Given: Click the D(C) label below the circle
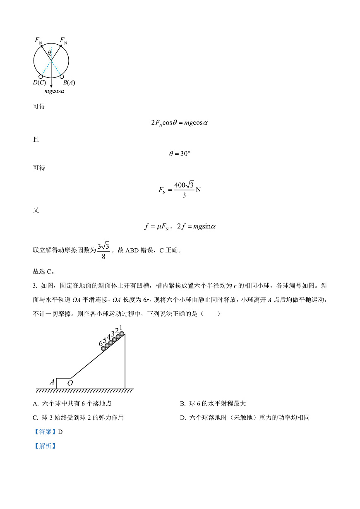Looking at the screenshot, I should coord(39,82).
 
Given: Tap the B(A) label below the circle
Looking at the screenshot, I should coord(68,82).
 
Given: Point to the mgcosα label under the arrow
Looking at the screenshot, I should coord(55,91).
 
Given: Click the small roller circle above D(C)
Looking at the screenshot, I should coord(41,77).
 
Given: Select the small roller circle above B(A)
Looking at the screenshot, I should coord(62,77).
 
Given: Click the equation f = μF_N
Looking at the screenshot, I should coord(157,226).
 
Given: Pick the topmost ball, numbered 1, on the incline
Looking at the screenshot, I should coord(122,334).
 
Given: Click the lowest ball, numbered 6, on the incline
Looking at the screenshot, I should coord(103,348).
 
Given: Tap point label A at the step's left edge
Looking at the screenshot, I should coord(52,382).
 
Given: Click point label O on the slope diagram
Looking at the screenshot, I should coord(70,383).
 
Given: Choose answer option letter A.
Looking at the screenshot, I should coord(35,403).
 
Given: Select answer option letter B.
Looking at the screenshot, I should coord(182,403).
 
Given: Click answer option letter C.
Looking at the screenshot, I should coord(35,418).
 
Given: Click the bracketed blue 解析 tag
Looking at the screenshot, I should coord(44,446).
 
